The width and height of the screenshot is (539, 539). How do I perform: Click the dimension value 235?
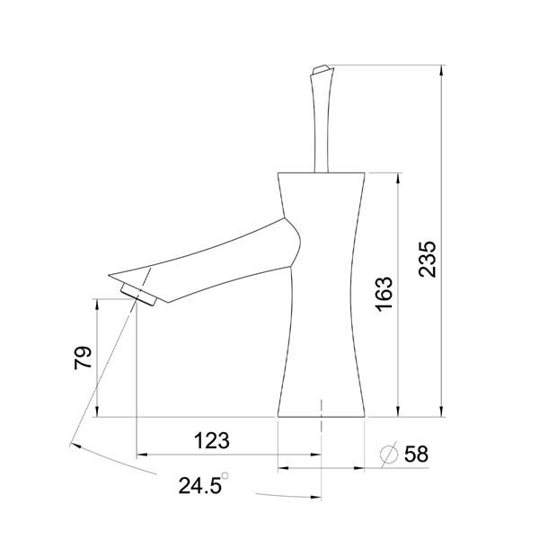(429, 259)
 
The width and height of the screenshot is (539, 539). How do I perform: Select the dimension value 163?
(384, 294)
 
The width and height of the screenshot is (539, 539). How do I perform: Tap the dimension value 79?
(82, 359)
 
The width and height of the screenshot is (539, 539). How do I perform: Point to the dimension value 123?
(212, 441)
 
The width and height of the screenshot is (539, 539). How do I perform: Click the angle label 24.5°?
(203, 486)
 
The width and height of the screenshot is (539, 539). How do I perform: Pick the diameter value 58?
(416, 455)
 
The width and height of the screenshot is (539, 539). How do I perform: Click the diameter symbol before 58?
(388, 455)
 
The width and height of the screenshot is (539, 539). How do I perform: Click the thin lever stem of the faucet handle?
(318, 126)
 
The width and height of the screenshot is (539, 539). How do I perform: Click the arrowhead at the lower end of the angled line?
(72, 443)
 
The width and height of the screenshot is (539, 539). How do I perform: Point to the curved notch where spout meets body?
(296, 240)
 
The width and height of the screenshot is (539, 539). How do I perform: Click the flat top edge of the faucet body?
(322, 172)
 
